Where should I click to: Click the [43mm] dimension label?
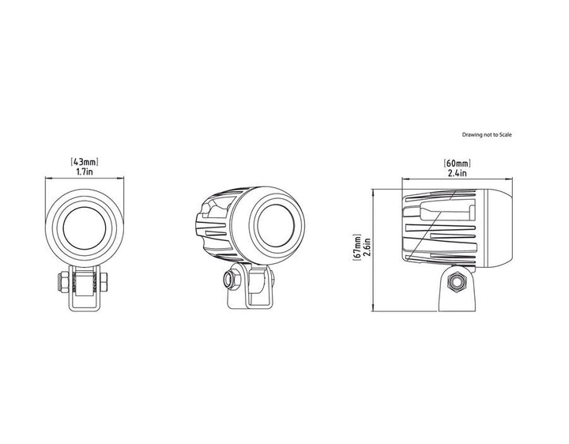tap(85, 161)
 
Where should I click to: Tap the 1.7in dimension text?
tap(85, 171)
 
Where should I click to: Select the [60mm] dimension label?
tap(458, 163)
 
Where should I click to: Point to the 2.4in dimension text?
tap(458, 173)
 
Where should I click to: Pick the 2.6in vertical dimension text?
tap(366, 247)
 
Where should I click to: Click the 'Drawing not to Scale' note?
tap(487, 134)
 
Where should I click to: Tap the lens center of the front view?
tap(85, 228)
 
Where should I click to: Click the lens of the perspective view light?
tap(276, 225)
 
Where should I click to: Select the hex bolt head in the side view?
tap(457, 281)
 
